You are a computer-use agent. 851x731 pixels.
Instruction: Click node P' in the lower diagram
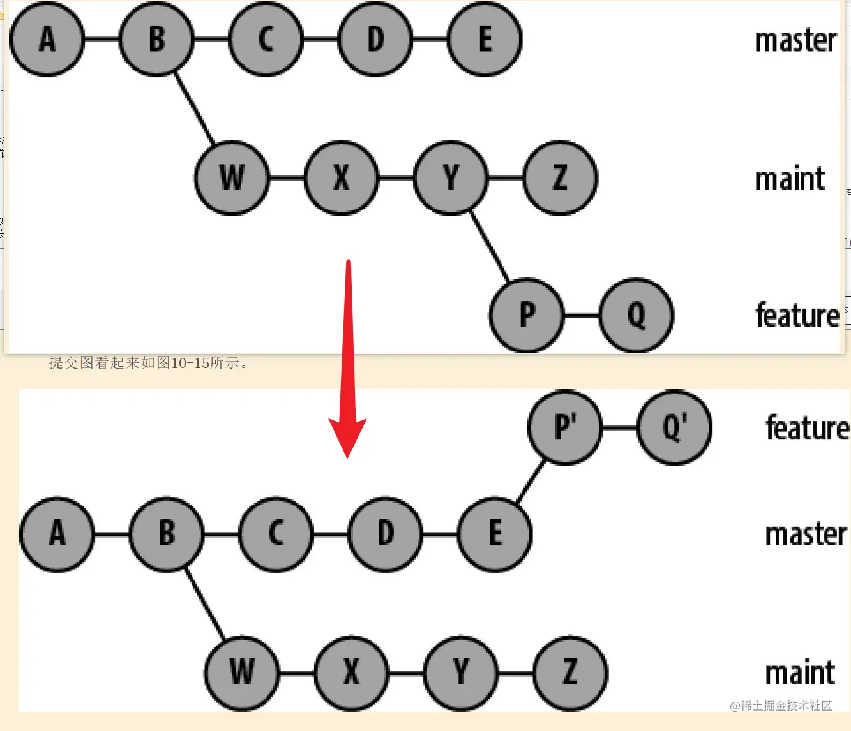click(x=565, y=427)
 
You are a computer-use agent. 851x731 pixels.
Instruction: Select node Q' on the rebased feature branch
click(x=675, y=427)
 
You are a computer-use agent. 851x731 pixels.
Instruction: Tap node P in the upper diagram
click(x=527, y=315)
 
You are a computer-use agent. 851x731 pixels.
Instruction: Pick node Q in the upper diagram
click(x=636, y=315)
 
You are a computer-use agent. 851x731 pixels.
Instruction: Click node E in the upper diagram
click(x=485, y=40)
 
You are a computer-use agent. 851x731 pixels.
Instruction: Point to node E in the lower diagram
click(x=495, y=533)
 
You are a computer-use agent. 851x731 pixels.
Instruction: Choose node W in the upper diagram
click(x=232, y=177)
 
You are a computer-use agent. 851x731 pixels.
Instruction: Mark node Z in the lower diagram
click(x=571, y=672)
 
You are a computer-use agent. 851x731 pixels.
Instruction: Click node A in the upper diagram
click(x=47, y=40)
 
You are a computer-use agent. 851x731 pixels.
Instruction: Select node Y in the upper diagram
click(x=451, y=177)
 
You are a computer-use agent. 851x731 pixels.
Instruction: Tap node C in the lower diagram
click(x=276, y=533)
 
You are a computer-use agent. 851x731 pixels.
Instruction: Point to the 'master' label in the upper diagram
click(x=795, y=41)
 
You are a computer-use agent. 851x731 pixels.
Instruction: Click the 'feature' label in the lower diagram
click(x=807, y=428)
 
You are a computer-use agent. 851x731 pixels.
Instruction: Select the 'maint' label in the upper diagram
click(x=790, y=179)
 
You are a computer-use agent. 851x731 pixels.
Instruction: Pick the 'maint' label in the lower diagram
click(x=800, y=673)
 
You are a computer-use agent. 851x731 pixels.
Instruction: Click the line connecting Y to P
click(x=490, y=246)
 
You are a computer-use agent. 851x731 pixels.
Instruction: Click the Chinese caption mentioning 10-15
click(x=149, y=363)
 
